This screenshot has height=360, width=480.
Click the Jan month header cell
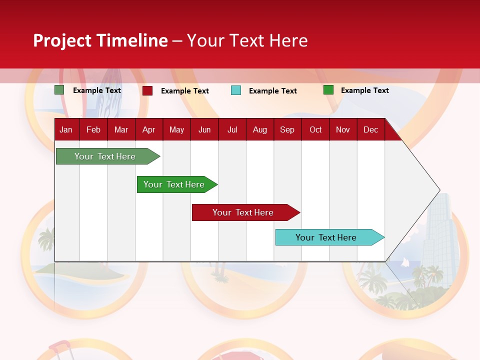[66, 129]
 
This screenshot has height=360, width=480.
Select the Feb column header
[93, 129]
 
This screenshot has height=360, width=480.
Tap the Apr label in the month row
[148, 129]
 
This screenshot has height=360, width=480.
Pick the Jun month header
[204, 129]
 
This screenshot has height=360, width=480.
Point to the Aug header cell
[259, 129]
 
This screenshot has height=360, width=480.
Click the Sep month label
[287, 129]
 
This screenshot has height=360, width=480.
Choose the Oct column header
[315, 129]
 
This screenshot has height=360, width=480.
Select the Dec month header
[370, 129]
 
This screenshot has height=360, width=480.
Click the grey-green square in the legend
[59, 90]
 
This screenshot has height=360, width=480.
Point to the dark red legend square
[147, 90]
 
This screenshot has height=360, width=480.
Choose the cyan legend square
[236, 90]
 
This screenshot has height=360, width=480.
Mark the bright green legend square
[328, 90]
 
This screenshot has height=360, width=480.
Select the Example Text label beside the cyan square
[273, 91]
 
